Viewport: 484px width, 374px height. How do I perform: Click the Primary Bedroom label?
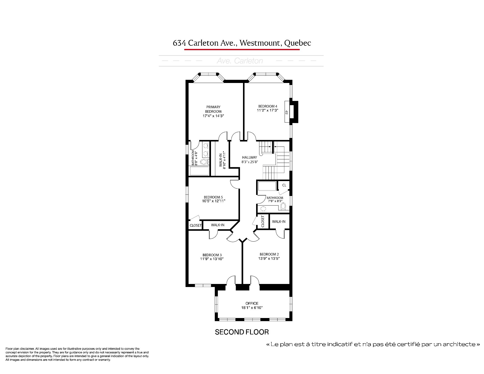pos(213,109)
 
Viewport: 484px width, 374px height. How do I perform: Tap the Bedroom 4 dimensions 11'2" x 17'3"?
pos(268,110)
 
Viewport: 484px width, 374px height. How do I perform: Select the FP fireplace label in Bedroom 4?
pos(287,112)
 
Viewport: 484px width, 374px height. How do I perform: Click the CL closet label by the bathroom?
pos(284,185)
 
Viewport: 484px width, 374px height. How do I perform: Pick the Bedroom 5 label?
pos(213,197)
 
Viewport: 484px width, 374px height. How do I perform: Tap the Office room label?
pos(252,303)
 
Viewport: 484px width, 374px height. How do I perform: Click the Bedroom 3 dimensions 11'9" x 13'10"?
pos(212,259)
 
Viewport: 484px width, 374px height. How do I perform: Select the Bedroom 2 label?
pos(269,254)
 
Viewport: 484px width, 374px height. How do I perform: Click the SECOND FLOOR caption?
pos(242,332)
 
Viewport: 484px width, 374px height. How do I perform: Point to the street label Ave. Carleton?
pos(240,61)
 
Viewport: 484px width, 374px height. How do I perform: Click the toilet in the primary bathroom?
pos(203,162)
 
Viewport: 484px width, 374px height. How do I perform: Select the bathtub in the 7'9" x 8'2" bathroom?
pos(267,186)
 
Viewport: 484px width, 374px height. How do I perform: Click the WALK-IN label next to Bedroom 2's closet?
pos(279,222)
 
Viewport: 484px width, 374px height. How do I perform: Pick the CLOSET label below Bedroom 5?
pos(196,225)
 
